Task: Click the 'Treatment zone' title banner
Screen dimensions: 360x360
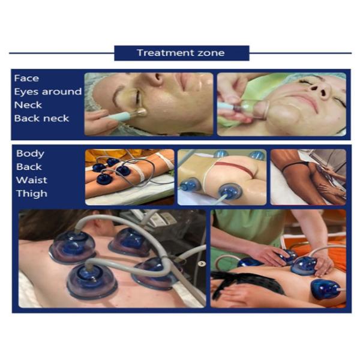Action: tap(181, 53)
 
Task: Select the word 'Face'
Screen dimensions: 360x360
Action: tap(26, 79)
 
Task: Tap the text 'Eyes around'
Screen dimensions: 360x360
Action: tap(48, 92)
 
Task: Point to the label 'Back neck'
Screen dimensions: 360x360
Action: tap(41, 118)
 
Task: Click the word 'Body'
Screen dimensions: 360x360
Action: tap(30, 154)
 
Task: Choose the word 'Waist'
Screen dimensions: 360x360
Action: tap(31, 180)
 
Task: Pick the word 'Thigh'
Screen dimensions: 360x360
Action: tap(31, 193)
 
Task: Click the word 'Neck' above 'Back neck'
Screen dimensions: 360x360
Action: tap(28, 105)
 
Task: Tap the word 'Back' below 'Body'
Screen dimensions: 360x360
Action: tap(29, 167)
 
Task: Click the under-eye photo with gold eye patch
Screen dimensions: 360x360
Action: tap(148, 104)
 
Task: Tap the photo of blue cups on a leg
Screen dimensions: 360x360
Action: tap(129, 177)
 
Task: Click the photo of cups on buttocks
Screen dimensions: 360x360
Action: tap(222, 177)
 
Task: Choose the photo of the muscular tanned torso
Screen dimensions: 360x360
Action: tap(307, 177)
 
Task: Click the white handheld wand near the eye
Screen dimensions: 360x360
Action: tap(123, 112)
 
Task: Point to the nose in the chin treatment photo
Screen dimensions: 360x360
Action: tap(322, 90)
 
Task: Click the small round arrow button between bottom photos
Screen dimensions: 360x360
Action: tap(202, 263)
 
